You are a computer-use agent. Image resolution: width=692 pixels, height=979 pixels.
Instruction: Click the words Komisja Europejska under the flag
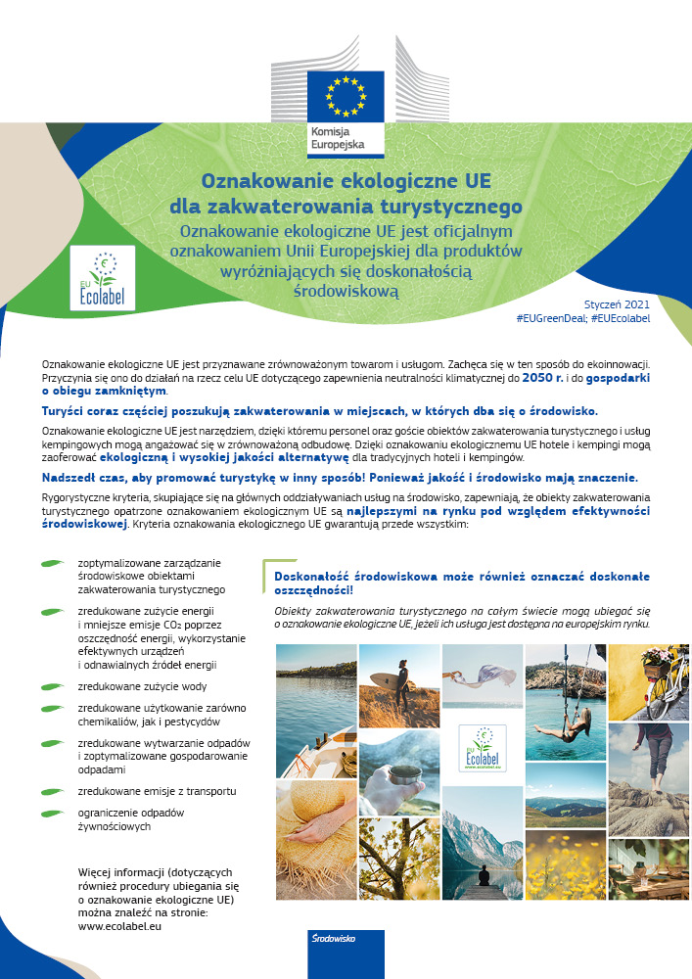pyautogui.click(x=338, y=137)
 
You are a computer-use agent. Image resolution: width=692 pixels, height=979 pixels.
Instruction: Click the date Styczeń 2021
pyautogui.click(x=617, y=304)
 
